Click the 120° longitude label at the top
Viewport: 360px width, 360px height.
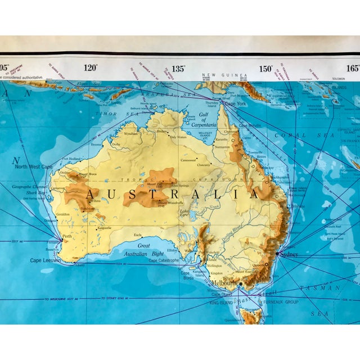point(91,68)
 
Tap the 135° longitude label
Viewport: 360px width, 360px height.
point(178,69)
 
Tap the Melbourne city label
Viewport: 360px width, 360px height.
point(223,282)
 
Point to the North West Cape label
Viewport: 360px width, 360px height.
point(33,167)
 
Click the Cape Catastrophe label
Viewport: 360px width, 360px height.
point(164,260)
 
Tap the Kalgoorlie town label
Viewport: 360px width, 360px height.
point(105,228)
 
